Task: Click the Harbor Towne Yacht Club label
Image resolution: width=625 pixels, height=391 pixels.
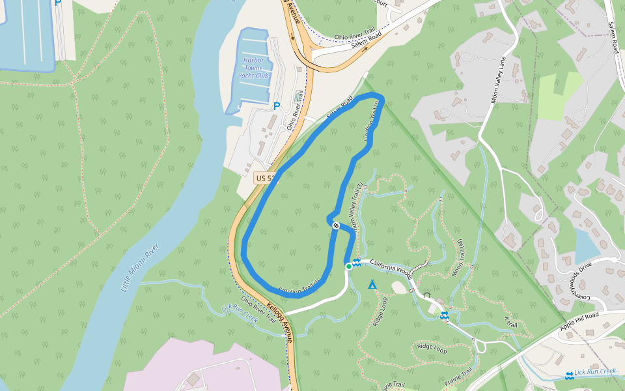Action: pos(253,68)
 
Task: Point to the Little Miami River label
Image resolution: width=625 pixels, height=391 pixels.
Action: pos(141,268)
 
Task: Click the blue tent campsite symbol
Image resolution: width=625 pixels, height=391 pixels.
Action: pos(372,285)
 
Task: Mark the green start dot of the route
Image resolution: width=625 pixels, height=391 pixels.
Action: pos(349,266)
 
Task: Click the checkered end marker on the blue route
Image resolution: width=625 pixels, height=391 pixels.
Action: pos(336,225)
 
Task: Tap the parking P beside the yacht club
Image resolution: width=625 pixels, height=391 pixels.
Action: pos(277,106)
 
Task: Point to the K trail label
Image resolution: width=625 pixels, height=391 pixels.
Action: pos(510,323)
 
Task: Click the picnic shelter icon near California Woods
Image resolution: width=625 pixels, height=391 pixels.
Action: pos(428,295)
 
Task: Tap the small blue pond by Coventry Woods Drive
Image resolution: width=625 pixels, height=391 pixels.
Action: pos(589,246)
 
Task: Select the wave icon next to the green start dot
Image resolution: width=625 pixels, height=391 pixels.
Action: pos(357,261)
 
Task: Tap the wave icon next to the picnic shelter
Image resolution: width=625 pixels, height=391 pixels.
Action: pos(444,316)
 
